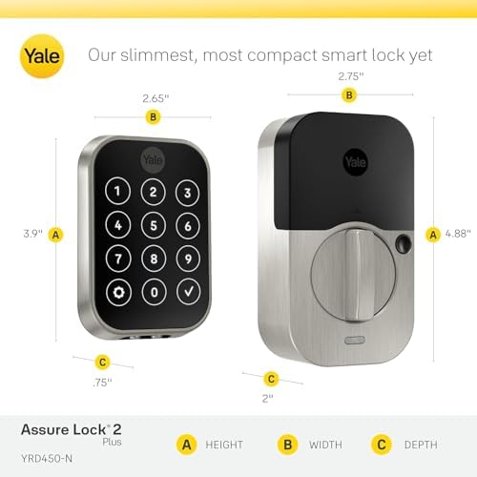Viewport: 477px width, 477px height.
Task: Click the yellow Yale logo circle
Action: (x=42, y=56)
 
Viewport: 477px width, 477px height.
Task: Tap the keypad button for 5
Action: (x=154, y=225)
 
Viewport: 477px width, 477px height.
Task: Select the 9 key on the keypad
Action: (x=188, y=259)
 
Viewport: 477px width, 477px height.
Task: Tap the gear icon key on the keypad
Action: (x=118, y=292)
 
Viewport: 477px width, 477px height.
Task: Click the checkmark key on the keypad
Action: (x=188, y=292)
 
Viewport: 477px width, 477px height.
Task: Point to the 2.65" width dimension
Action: (x=156, y=98)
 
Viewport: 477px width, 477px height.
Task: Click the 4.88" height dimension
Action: (x=458, y=234)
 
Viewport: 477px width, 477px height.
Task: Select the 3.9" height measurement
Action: (x=32, y=234)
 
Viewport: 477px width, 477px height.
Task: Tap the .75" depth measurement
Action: (x=102, y=383)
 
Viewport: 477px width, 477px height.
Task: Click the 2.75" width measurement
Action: (x=351, y=76)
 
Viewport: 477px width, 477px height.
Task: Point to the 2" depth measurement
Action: (x=268, y=398)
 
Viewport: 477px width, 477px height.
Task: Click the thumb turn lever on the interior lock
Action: (x=356, y=275)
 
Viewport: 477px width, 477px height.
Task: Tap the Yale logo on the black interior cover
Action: (x=356, y=162)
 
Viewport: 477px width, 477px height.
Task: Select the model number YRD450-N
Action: (x=47, y=459)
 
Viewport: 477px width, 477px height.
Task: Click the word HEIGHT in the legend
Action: (x=224, y=445)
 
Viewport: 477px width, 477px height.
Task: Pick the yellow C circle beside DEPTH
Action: (x=382, y=445)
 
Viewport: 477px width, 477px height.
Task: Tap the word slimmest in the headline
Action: (x=157, y=55)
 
